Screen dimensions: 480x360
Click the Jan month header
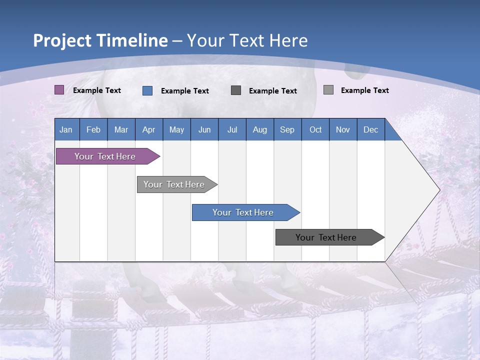click(x=66, y=129)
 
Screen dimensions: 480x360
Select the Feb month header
click(x=93, y=129)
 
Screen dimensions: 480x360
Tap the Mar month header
click(x=121, y=129)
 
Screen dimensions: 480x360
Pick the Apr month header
click(x=149, y=129)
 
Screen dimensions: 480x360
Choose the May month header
click(x=176, y=129)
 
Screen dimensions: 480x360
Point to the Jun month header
click(x=204, y=129)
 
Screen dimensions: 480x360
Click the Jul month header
click(x=232, y=129)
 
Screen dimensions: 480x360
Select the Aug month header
click(x=260, y=129)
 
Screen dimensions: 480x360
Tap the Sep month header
click(x=287, y=129)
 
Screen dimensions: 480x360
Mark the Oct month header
click(x=315, y=129)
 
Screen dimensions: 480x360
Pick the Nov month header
click(x=343, y=129)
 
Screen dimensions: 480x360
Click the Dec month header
click(x=371, y=129)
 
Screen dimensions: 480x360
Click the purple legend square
click(x=59, y=90)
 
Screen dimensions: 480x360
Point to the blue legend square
click(x=147, y=90)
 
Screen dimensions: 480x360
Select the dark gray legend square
click(x=236, y=90)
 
